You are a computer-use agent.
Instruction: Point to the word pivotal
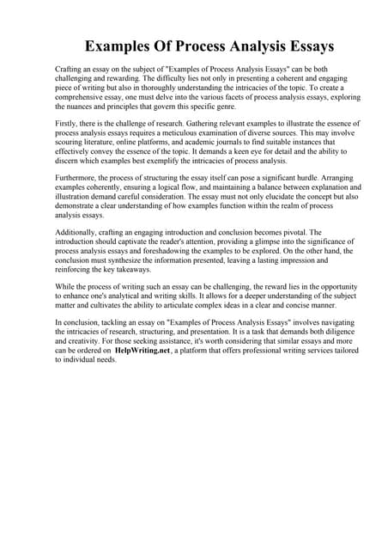point(306,232)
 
